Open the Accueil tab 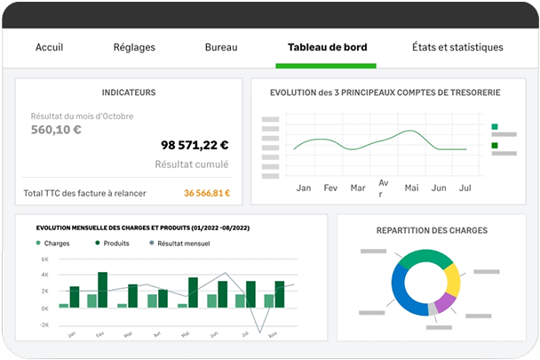click(x=55, y=47)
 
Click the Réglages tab click(x=135, y=47)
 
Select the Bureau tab click(x=221, y=47)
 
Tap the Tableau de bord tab click(x=327, y=47)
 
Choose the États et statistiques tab click(x=458, y=47)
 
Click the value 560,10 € click(x=56, y=130)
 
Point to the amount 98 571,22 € click(x=195, y=145)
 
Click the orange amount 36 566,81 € click(x=207, y=193)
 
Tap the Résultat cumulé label click(x=192, y=164)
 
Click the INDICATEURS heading click(x=129, y=92)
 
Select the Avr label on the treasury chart click(x=384, y=188)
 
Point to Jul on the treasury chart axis click(x=464, y=188)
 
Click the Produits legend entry click(x=112, y=243)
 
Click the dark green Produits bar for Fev click(x=102, y=290)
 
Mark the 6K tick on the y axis click(x=44, y=260)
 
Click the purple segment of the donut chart click(x=446, y=301)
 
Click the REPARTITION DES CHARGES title click(x=432, y=230)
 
